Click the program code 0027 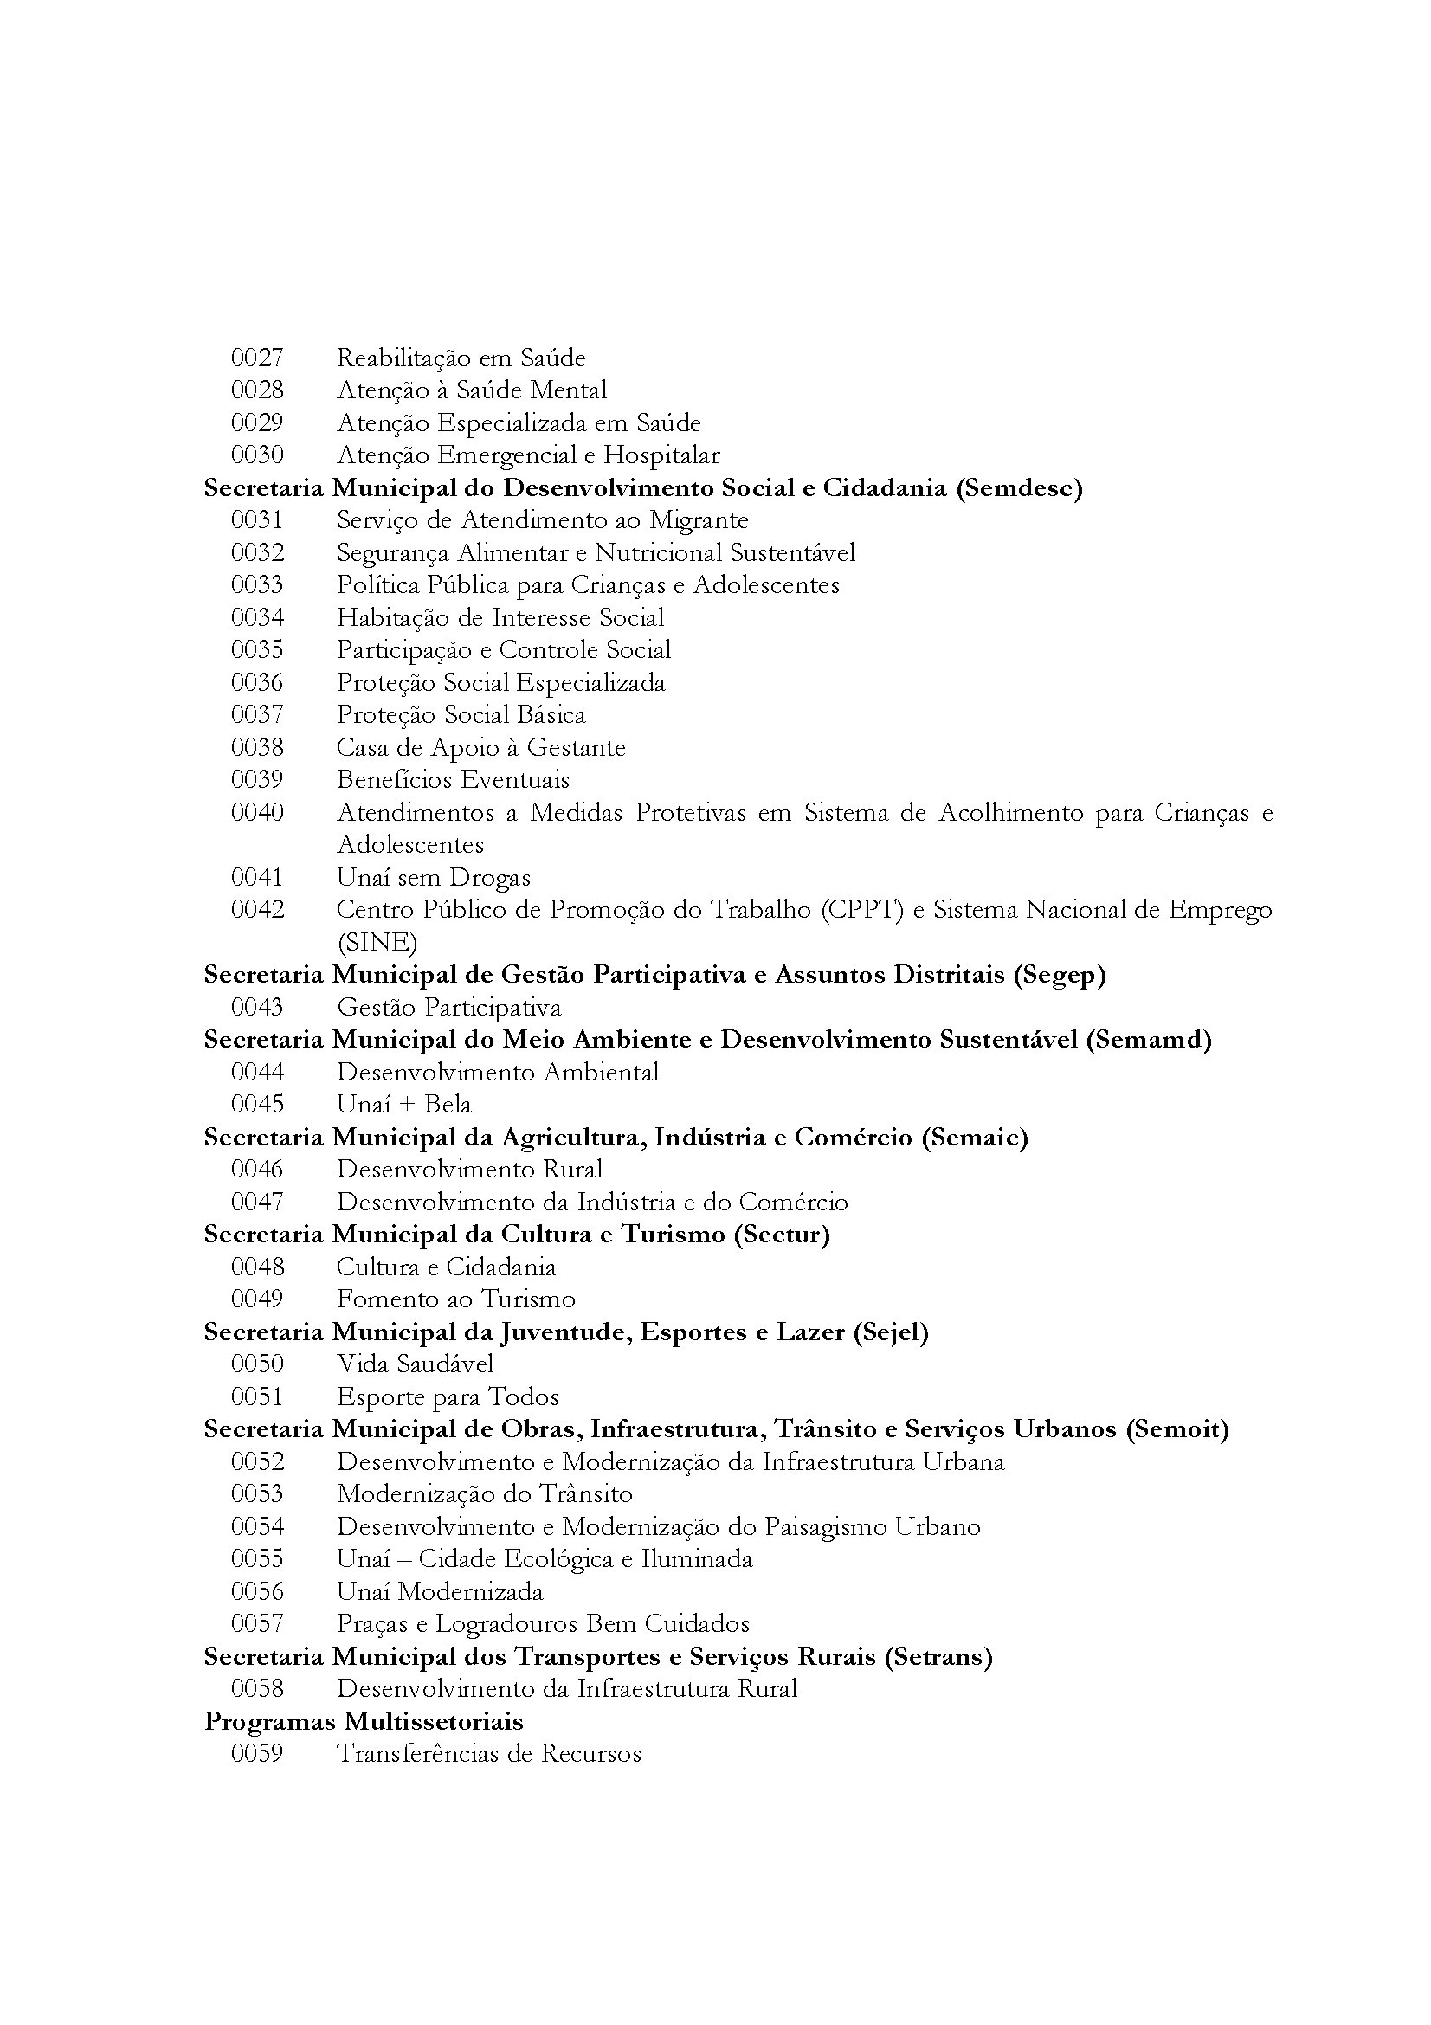tap(256, 358)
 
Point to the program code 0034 tap(256, 617)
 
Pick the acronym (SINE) tap(377, 943)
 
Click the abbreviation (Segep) tap(1059, 976)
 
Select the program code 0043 tap(256, 1007)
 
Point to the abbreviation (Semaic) tap(974, 1138)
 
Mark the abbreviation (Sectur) tap(781, 1235)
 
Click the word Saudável tap(444, 1364)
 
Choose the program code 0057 tap(256, 1623)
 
